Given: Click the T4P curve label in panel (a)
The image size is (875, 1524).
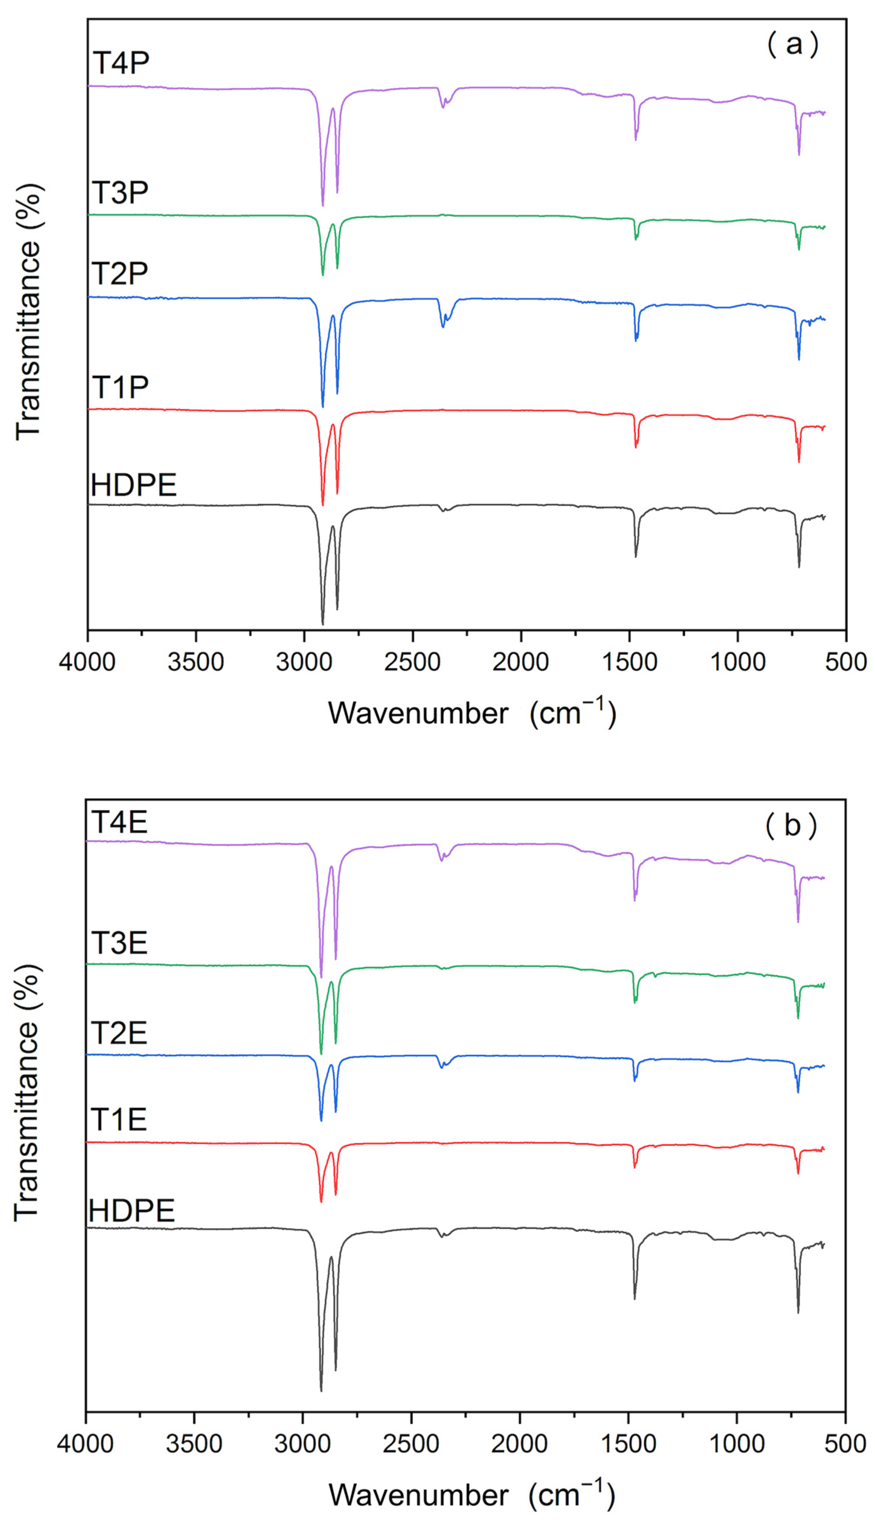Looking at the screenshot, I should tap(121, 62).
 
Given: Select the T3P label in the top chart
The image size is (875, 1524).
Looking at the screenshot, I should tap(120, 193).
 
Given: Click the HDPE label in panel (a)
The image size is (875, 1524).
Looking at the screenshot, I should tap(133, 485).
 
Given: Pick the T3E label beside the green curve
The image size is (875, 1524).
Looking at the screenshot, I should tap(119, 943).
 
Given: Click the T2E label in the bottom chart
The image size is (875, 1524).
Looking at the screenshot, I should tap(119, 1032).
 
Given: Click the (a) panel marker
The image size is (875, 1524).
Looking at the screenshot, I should tap(793, 45).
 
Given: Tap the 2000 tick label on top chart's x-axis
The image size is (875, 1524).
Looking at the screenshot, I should tap(521, 662).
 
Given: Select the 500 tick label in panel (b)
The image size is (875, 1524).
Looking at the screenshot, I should tap(845, 1443).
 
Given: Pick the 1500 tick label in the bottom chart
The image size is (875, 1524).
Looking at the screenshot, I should tap(628, 1443).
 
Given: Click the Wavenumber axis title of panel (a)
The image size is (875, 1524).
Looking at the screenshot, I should tap(472, 713).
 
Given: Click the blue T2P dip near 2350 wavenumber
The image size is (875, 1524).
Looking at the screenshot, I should tap(443, 325).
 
